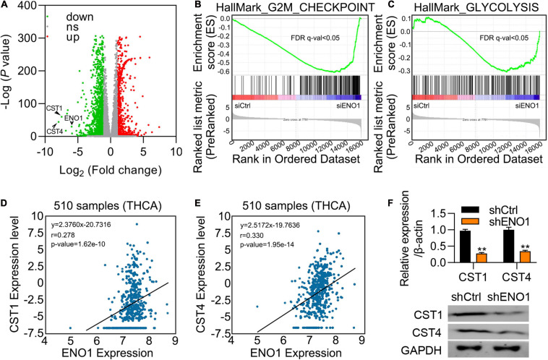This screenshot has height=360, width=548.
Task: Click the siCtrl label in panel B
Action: tap(242, 106)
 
